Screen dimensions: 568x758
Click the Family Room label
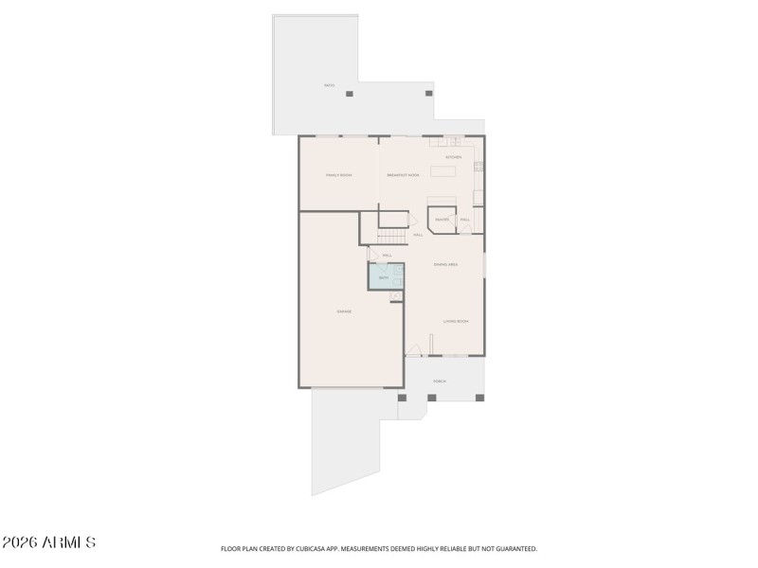(338, 175)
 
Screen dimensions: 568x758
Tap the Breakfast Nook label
(403, 175)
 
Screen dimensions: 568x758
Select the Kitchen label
(454, 157)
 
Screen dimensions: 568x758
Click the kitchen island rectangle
(443, 171)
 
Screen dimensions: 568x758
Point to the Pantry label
(442, 220)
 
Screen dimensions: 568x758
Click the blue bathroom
(385, 276)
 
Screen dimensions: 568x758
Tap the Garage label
(345, 311)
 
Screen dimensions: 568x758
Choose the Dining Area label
(445, 264)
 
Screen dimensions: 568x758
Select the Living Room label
(456, 322)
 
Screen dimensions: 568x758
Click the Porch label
(440, 382)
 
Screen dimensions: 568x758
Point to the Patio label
(329, 85)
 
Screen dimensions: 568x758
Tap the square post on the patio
(349, 93)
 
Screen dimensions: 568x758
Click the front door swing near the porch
(414, 350)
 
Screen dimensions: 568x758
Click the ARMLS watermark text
(48, 542)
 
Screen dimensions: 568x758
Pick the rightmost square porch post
(479, 398)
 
